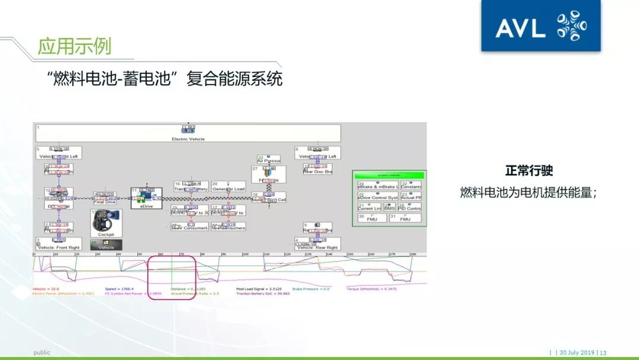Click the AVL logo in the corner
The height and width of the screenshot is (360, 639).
pyautogui.click(x=540, y=26)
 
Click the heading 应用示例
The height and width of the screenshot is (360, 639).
pyautogui.click(x=74, y=46)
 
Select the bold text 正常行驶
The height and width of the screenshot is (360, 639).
pyautogui.click(x=529, y=171)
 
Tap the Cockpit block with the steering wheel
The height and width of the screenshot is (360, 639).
pyautogui.click(x=106, y=223)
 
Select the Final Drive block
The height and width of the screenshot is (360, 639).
pyautogui.click(x=105, y=198)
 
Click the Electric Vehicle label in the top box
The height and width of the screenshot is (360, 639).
pyautogui.click(x=188, y=139)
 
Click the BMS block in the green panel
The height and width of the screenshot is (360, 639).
pyautogui.click(x=389, y=208)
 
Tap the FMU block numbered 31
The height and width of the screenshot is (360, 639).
pyautogui.click(x=405, y=218)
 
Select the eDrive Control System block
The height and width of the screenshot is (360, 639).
pyautogui.click(x=377, y=197)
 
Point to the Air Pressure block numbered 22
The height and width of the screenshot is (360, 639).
pyautogui.click(x=269, y=159)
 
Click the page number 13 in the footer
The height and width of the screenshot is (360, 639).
pyautogui.click(x=603, y=352)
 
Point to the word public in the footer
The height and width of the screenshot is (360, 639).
pyautogui.click(x=41, y=352)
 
